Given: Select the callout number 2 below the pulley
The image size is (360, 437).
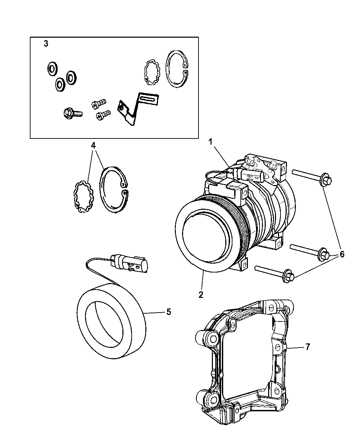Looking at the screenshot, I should pos(201,295).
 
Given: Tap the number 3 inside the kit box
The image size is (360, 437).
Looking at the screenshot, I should pos(46,44).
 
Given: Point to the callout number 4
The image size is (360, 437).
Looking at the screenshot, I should pos(93,145).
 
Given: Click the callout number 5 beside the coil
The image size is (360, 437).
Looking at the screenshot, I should pos(168,312).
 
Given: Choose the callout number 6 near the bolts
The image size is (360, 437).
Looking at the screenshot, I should pos(342,254).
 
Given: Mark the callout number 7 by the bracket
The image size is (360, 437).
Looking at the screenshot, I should pos(307,347).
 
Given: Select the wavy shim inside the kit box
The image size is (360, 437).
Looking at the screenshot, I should pos(151,72).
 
